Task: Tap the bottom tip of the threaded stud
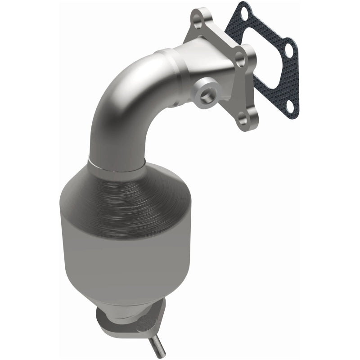pos(162,354)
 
